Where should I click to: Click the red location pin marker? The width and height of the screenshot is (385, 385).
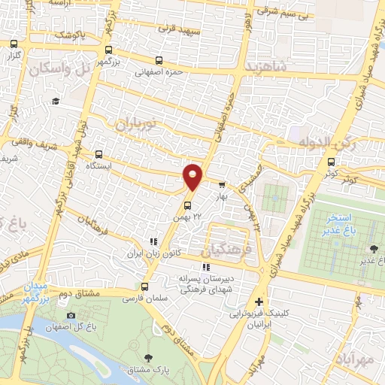[x=193, y=175]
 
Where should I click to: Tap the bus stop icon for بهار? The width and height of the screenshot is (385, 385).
[x=222, y=184]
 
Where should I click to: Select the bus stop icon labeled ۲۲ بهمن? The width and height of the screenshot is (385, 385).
[x=188, y=205]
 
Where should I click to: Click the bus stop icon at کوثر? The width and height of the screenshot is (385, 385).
[x=330, y=162]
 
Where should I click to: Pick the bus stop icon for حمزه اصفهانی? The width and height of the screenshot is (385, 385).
[x=158, y=61]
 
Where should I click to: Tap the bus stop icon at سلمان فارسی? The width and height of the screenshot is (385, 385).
[x=145, y=286]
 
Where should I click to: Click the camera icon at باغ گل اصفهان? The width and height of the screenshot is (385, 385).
[x=71, y=316]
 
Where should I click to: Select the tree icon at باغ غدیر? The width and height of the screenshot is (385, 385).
[x=374, y=249]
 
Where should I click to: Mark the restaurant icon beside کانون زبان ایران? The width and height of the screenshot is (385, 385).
[x=153, y=242]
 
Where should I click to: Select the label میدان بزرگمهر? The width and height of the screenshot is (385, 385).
[x=33, y=293]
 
